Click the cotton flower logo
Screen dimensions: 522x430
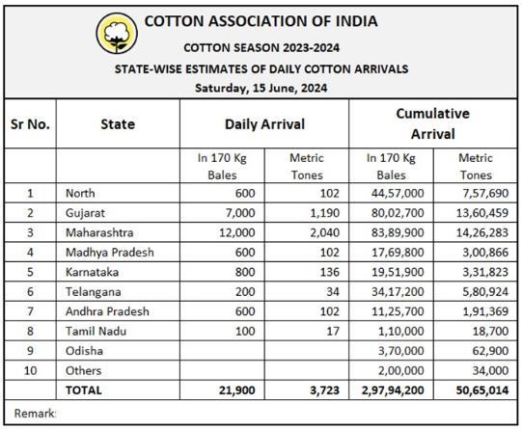pos(117,33)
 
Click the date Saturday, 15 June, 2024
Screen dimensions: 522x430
pos(261,89)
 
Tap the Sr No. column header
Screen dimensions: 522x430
pos(30,124)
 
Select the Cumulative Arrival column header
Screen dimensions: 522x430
pos(433,123)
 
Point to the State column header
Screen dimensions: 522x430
pos(118,124)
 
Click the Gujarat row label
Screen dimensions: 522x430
pos(85,213)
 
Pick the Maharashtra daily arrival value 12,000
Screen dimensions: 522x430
pos(237,232)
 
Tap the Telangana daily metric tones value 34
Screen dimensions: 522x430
pos(333,292)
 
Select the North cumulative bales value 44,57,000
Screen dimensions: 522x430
pos(398,193)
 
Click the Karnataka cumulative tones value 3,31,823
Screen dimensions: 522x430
pos(485,272)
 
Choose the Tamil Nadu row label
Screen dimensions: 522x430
pos(96,331)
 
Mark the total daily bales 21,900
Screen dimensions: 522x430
pos(237,390)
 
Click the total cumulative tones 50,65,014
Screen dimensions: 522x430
pos(482,390)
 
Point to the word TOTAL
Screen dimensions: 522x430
pos(84,390)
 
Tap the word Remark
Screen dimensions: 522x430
pos(35,414)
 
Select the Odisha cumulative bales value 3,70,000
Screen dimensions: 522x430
pos(400,351)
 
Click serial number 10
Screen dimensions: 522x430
pos(30,370)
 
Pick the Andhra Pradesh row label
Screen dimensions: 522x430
pos(107,311)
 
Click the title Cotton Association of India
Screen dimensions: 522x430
pos(261,21)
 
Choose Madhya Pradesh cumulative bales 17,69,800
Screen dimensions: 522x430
pos(398,253)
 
